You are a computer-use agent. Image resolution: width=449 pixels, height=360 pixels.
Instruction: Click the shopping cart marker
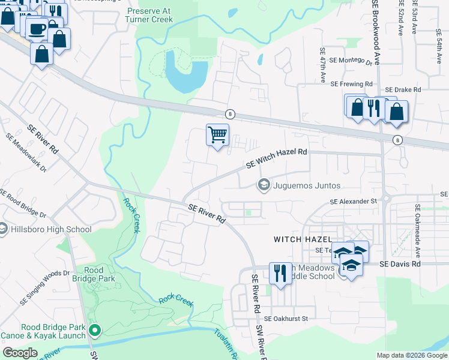(217, 134)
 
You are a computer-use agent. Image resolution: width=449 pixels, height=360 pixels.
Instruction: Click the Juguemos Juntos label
(307, 185)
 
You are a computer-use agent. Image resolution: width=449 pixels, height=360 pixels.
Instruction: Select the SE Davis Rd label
(400, 263)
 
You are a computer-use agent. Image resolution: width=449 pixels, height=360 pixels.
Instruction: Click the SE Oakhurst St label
(286, 319)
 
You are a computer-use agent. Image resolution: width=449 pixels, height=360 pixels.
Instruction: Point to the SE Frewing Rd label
(352, 84)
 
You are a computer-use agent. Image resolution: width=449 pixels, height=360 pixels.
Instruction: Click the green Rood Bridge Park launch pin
(95, 329)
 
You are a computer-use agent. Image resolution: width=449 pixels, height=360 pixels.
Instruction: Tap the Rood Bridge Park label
(98, 275)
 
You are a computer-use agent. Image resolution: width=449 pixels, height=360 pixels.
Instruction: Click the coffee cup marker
(37, 28)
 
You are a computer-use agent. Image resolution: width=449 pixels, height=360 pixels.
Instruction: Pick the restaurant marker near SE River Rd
(280, 274)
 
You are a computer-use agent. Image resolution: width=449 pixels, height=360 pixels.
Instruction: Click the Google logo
(20, 353)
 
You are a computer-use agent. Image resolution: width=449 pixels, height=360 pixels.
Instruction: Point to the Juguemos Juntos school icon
(263, 185)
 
